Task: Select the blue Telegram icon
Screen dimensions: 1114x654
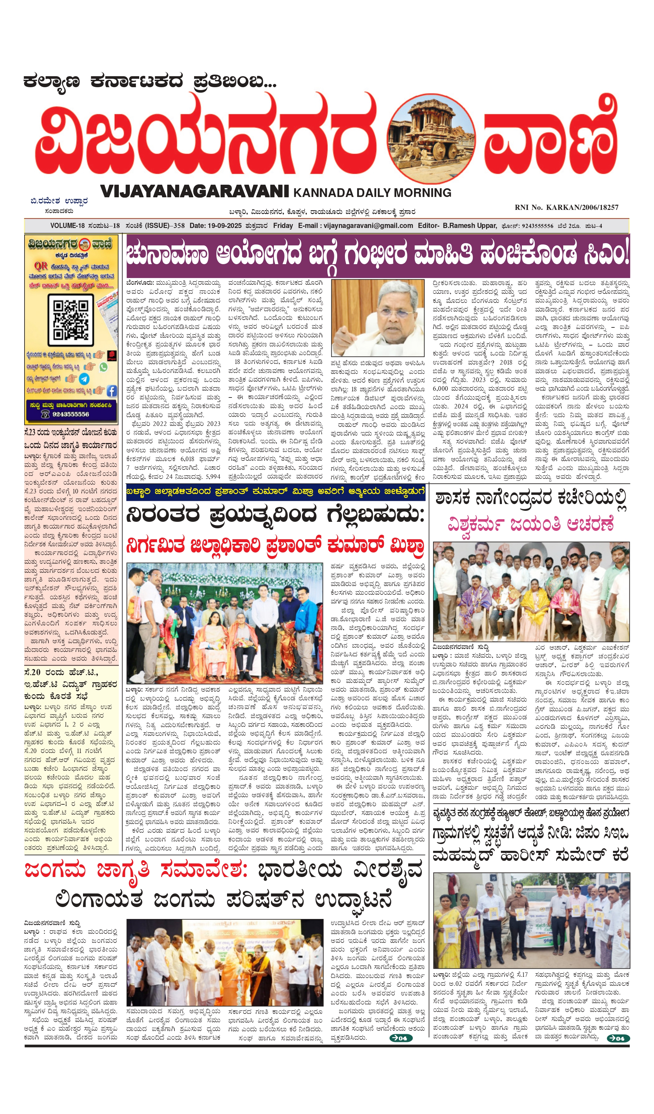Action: coord(84,379)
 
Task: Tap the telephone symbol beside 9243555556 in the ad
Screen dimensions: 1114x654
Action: coord(45,414)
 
